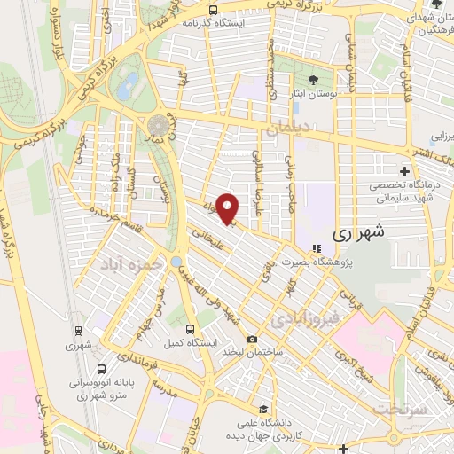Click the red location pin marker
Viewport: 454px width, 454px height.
pos(229,207)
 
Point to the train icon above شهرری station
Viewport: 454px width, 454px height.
pos(78,334)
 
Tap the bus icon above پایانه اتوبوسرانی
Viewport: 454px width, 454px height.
pos(102,367)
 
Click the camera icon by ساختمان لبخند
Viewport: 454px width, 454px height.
pos(253,340)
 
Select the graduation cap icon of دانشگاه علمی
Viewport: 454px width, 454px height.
pos(262,410)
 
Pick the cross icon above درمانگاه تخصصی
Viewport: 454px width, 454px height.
pos(405,170)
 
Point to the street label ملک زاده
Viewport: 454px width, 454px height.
pos(113,160)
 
